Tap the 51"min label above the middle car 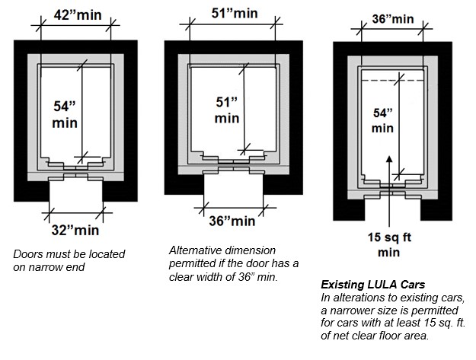coord(234,13)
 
